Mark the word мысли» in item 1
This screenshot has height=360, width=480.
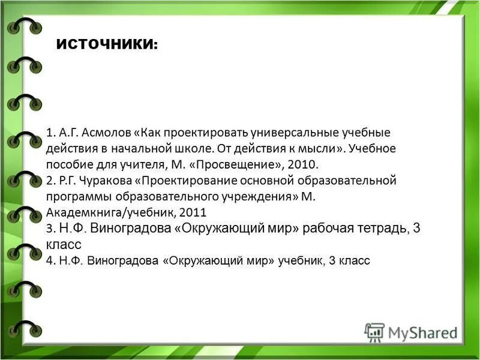point(321,148)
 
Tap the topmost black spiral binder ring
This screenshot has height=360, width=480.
point(24,27)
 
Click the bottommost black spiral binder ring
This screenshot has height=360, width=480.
point(24,328)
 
